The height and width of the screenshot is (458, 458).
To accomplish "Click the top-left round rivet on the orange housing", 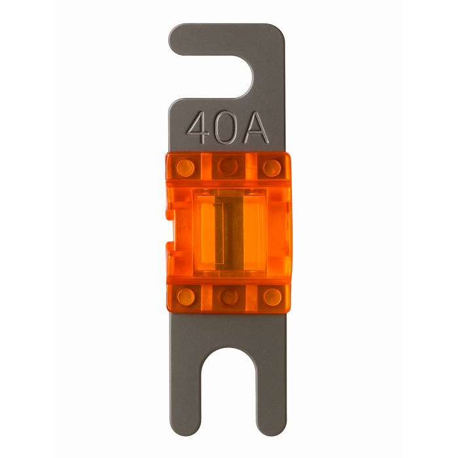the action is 185,168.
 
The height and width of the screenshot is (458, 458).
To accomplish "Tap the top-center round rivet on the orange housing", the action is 228,166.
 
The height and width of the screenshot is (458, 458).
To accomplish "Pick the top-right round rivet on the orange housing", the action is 272,168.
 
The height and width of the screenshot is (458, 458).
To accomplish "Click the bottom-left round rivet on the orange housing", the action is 186,297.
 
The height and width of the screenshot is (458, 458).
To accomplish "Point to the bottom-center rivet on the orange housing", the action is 229,298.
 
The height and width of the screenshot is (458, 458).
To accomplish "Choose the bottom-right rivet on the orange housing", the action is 273,297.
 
